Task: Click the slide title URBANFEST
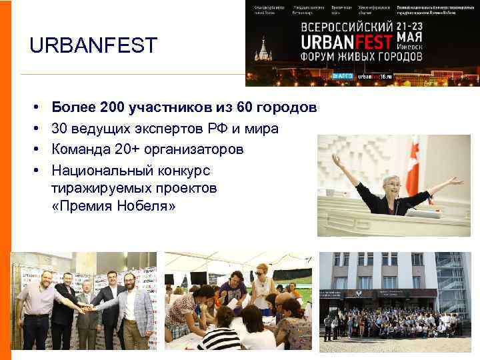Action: [93, 46]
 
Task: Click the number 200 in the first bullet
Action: [113, 107]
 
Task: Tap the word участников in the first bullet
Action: [172, 107]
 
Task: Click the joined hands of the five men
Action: [85, 307]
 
